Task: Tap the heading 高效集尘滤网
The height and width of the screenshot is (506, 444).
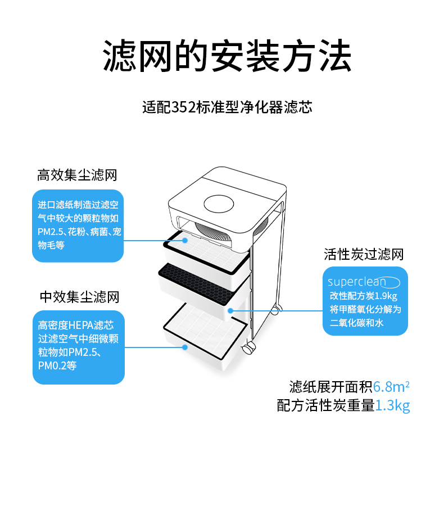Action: [x=77, y=175]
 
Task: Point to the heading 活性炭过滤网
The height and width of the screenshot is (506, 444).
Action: [x=364, y=254]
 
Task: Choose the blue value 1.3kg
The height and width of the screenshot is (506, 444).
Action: [x=392, y=405]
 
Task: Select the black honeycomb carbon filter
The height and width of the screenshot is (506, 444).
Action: [x=204, y=277]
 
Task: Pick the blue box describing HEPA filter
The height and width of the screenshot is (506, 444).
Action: [x=78, y=347]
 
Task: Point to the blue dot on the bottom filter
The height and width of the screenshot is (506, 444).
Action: [x=184, y=347]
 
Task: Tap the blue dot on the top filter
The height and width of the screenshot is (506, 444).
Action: [x=185, y=240]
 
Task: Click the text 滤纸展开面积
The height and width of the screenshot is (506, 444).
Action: [x=330, y=387]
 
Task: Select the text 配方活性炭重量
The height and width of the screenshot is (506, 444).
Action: [x=325, y=405]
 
